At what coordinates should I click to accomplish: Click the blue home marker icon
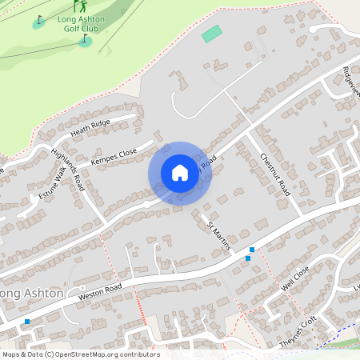180,172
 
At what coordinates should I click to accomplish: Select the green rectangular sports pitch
211,34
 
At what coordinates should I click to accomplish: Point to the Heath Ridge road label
90,126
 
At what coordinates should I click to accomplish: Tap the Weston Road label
100,291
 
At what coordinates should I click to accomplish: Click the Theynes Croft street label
298,330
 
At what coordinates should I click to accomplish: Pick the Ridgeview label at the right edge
351,79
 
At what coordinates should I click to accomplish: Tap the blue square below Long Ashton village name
27,322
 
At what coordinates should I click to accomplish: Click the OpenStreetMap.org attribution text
104,354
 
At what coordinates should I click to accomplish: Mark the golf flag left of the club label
39,20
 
